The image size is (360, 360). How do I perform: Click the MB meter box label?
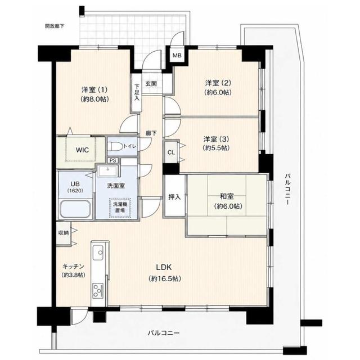click(177, 55)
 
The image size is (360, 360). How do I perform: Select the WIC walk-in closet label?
click(82, 150)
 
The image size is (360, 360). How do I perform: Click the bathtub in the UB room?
click(75, 209)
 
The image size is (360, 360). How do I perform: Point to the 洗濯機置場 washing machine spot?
click(120, 208)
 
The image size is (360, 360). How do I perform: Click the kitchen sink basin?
click(98, 253)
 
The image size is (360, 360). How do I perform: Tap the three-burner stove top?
click(98, 290)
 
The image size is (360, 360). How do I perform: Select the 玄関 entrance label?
click(151, 83)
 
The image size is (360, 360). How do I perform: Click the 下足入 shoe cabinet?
click(137, 92)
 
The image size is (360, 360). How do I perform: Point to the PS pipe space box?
click(112, 160)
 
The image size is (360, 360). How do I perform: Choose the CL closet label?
click(171, 152)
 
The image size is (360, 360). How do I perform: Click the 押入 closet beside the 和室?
click(174, 196)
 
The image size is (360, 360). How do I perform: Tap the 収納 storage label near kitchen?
click(64, 233)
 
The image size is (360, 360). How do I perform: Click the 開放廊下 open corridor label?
click(55, 26)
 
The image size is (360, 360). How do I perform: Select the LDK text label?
click(164, 267)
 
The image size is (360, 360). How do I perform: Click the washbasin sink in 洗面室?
click(107, 171)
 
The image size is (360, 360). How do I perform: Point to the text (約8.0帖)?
click(94, 99)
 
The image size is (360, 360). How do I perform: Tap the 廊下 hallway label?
click(151, 133)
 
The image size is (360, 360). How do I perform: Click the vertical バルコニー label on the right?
click(288, 189)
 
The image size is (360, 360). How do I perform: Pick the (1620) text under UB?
click(75, 191)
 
